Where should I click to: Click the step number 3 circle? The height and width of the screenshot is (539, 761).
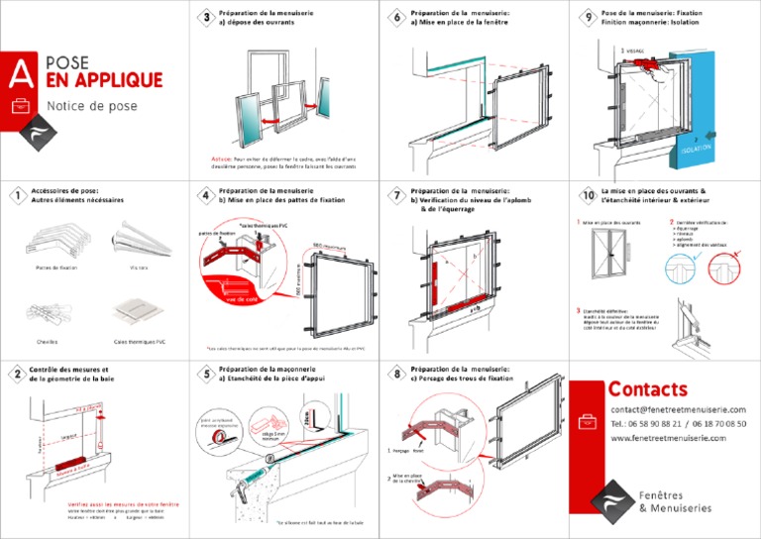coord(205,17)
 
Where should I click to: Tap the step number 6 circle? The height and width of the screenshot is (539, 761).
coord(396,17)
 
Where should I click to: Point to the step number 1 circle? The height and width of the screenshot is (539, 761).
coord(17,195)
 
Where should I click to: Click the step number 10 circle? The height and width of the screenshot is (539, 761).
coord(585,195)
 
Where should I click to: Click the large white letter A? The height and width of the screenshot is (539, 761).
coord(17,71)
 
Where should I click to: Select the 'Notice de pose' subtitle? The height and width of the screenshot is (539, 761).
coord(91,106)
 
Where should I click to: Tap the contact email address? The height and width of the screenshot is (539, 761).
coord(678,409)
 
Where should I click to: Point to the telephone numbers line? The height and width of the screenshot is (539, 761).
coord(678,423)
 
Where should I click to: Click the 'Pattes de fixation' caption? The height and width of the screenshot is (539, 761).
coord(55,268)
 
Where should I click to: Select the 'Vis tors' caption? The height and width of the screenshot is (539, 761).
coord(138,268)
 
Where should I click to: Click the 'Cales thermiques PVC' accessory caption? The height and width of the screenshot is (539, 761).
coord(140,341)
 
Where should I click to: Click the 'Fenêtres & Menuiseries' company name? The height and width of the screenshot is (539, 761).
coord(675,501)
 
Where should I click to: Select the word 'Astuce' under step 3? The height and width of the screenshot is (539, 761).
coord(222,158)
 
